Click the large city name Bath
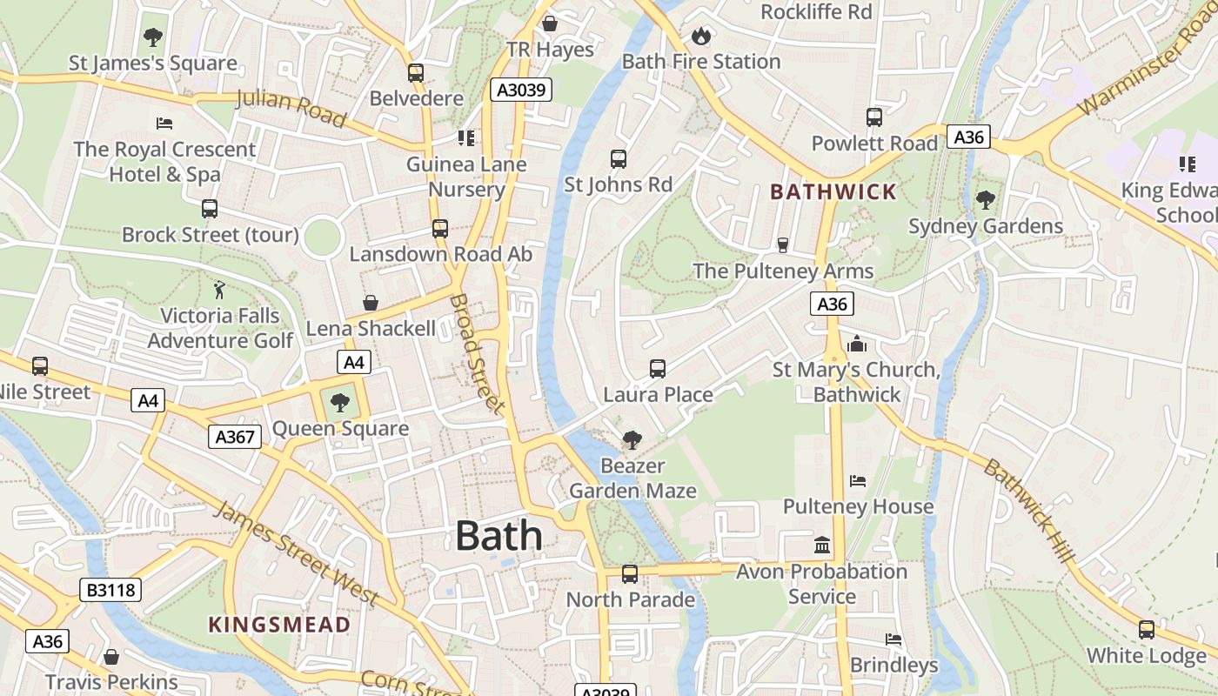[x=499, y=535]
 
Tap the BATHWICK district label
[x=833, y=192]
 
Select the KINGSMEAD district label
[x=279, y=624]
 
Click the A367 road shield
[x=235, y=437]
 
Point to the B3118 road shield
[x=110, y=590]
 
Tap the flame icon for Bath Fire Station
[x=700, y=36]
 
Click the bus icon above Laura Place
[x=658, y=369]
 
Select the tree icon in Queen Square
[x=340, y=402]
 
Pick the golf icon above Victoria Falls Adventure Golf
[x=219, y=289]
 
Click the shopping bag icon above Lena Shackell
[x=371, y=302]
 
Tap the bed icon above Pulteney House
[x=858, y=481]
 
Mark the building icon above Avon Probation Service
[x=822, y=545]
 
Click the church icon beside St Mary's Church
[x=857, y=345]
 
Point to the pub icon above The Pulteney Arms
[x=782, y=245]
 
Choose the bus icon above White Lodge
[x=1147, y=630]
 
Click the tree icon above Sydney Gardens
[x=985, y=200]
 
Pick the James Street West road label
[x=296, y=553]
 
